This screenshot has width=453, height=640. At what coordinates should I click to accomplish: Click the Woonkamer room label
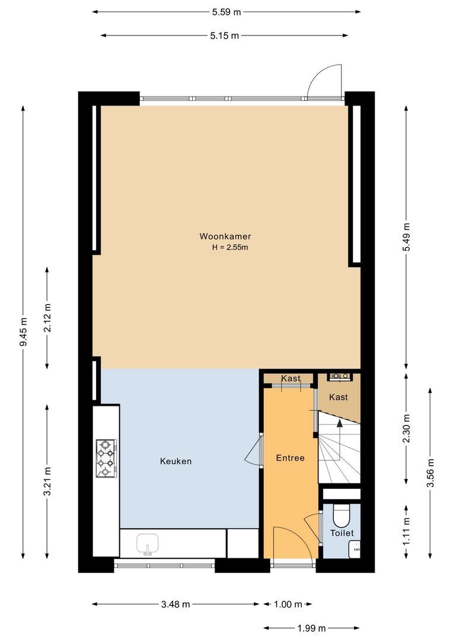coord(221,236)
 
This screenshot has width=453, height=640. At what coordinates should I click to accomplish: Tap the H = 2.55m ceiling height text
coord(229,248)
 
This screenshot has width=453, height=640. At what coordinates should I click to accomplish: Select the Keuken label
coord(176,461)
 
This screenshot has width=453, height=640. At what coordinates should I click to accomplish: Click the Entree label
coord(290,458)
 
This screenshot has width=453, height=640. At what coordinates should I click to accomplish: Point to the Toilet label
coord(342,533)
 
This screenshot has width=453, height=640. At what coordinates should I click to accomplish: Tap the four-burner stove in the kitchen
coord(106,458)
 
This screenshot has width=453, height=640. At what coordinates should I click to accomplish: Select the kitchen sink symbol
coord(146,543)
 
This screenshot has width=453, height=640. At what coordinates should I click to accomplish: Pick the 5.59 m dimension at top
coord(226,11)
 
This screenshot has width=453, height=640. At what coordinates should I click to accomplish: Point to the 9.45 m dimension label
coord(23,332)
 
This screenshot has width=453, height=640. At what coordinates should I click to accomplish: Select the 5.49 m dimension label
coord(406,236)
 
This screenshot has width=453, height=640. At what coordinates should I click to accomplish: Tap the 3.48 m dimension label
coord(176,604)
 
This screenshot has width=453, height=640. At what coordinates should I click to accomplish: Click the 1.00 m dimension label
coord(288,604)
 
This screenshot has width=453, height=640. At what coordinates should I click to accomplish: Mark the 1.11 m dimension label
coord(406,531)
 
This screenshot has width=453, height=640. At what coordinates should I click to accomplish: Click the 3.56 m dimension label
coord(430,473)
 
